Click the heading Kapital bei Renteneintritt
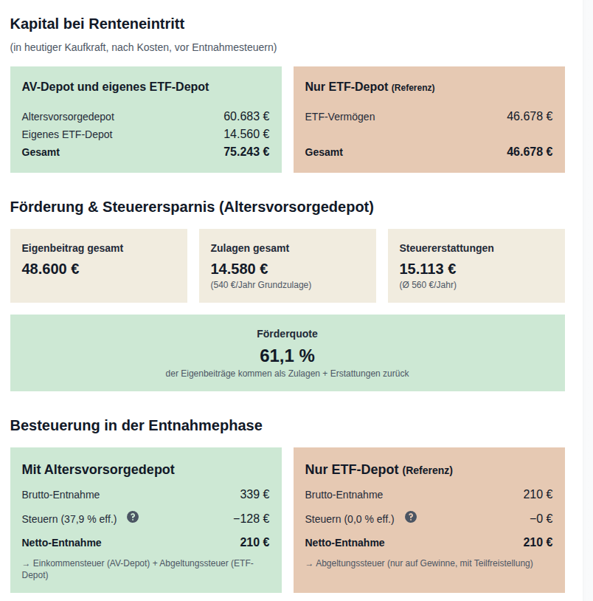(97, 24)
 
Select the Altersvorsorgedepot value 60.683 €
(246, 116)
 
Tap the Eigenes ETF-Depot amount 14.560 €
(246, 134)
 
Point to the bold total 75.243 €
(246, 152)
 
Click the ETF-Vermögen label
(340, 117)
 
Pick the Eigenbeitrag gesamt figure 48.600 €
(51, 269)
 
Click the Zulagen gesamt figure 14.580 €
(239, 269)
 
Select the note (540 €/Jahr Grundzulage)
(261, 285)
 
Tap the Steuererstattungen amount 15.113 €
(428, 269)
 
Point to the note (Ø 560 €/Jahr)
(428, 285)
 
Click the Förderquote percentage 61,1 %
(287, 355)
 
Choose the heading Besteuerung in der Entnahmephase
(136, 425)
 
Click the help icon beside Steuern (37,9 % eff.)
(133, 517)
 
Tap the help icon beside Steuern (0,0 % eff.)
(411, 517)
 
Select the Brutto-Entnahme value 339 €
(254, 495)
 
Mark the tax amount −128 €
(252, 518)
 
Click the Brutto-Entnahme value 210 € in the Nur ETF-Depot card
(538, 495)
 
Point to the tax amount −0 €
(541, 518)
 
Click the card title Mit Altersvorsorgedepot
(98, 470)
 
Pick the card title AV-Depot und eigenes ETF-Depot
(115, 87)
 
